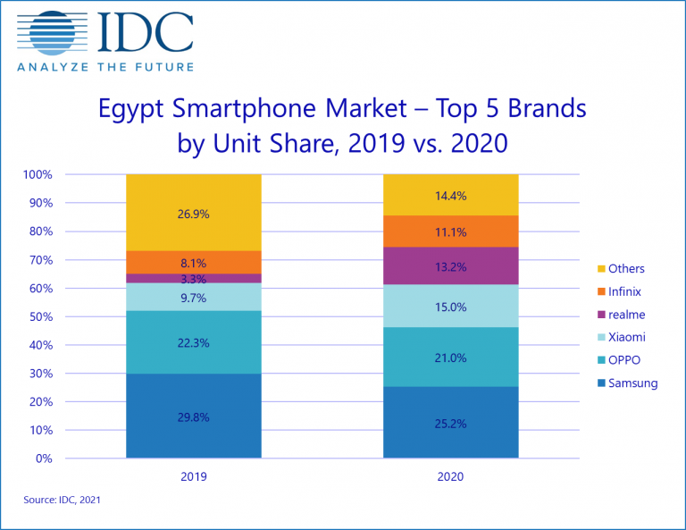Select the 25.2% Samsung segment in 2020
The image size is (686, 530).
[450, 423]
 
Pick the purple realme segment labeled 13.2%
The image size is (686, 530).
[450, 265]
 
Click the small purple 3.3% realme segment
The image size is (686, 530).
[193, 279]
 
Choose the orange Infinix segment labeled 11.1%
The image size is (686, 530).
[450, 231]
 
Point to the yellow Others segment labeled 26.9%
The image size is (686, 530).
[193, 213]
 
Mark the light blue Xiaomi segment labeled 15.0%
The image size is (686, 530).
[450, 306]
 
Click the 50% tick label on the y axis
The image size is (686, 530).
[42, 316]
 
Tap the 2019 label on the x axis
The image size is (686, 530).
[193, 478]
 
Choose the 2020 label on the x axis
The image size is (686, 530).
[450, 478]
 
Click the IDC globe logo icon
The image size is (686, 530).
[52, 34]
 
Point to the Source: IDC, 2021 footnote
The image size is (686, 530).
[63, 501]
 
